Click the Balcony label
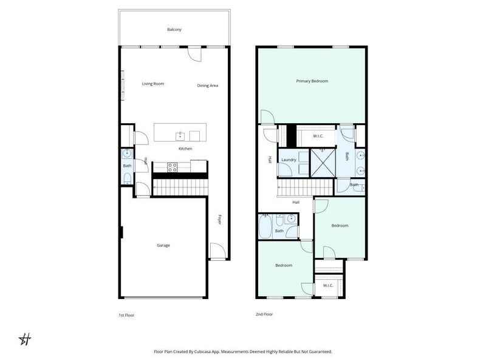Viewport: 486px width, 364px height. pyautogui.click(x=174, y=30)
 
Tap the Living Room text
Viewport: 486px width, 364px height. pyautogui.click(x=153, y=84)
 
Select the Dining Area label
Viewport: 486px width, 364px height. pyautogui.click(x=208, y=86)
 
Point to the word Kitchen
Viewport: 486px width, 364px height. pyautogui.click(x=185, y=149)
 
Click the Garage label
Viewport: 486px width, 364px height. pyautogui.click(x=163, y=246)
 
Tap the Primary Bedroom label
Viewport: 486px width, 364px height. pyautogui.click(x=312, y=81)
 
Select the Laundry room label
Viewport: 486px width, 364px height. pyautogui.click(x=289, y=160)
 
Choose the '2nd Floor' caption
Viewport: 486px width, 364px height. pyautogui.click(x=264, y=314)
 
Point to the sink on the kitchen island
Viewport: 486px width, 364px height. pyautogui.click(x=180, y=135)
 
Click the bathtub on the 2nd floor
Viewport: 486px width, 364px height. pyautogui.click(x=265, y=228)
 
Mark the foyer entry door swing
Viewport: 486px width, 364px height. pyautogui.click(x=217, y=251)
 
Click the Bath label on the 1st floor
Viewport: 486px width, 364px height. pyautogui.click(x=127, y=166)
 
